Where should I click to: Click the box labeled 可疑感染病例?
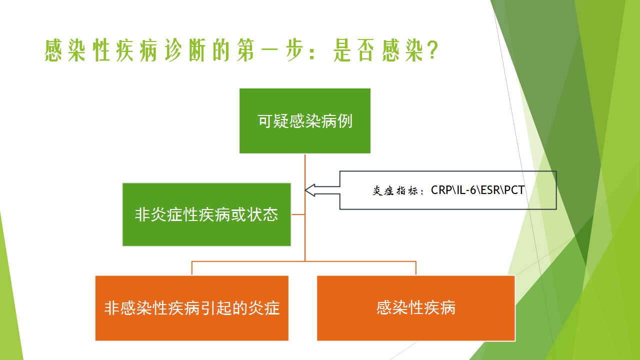coord(305,121)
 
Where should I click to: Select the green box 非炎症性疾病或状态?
coord(206,214)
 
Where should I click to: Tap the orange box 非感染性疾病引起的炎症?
coord(191,308)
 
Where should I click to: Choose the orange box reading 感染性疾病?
coord(416,308)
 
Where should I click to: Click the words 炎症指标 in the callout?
coord(395,190)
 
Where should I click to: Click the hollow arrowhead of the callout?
coord(310,190)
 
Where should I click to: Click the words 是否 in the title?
coord(354,50)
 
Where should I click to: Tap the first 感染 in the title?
coord(65,50)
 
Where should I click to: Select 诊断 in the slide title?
coord(185,50)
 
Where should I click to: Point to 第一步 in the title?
coord(269,50)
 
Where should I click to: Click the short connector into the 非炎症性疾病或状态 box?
coord(298,214)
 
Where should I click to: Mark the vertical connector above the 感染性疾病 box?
coord(415,268)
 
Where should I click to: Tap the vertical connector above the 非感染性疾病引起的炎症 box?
coord(191,268)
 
